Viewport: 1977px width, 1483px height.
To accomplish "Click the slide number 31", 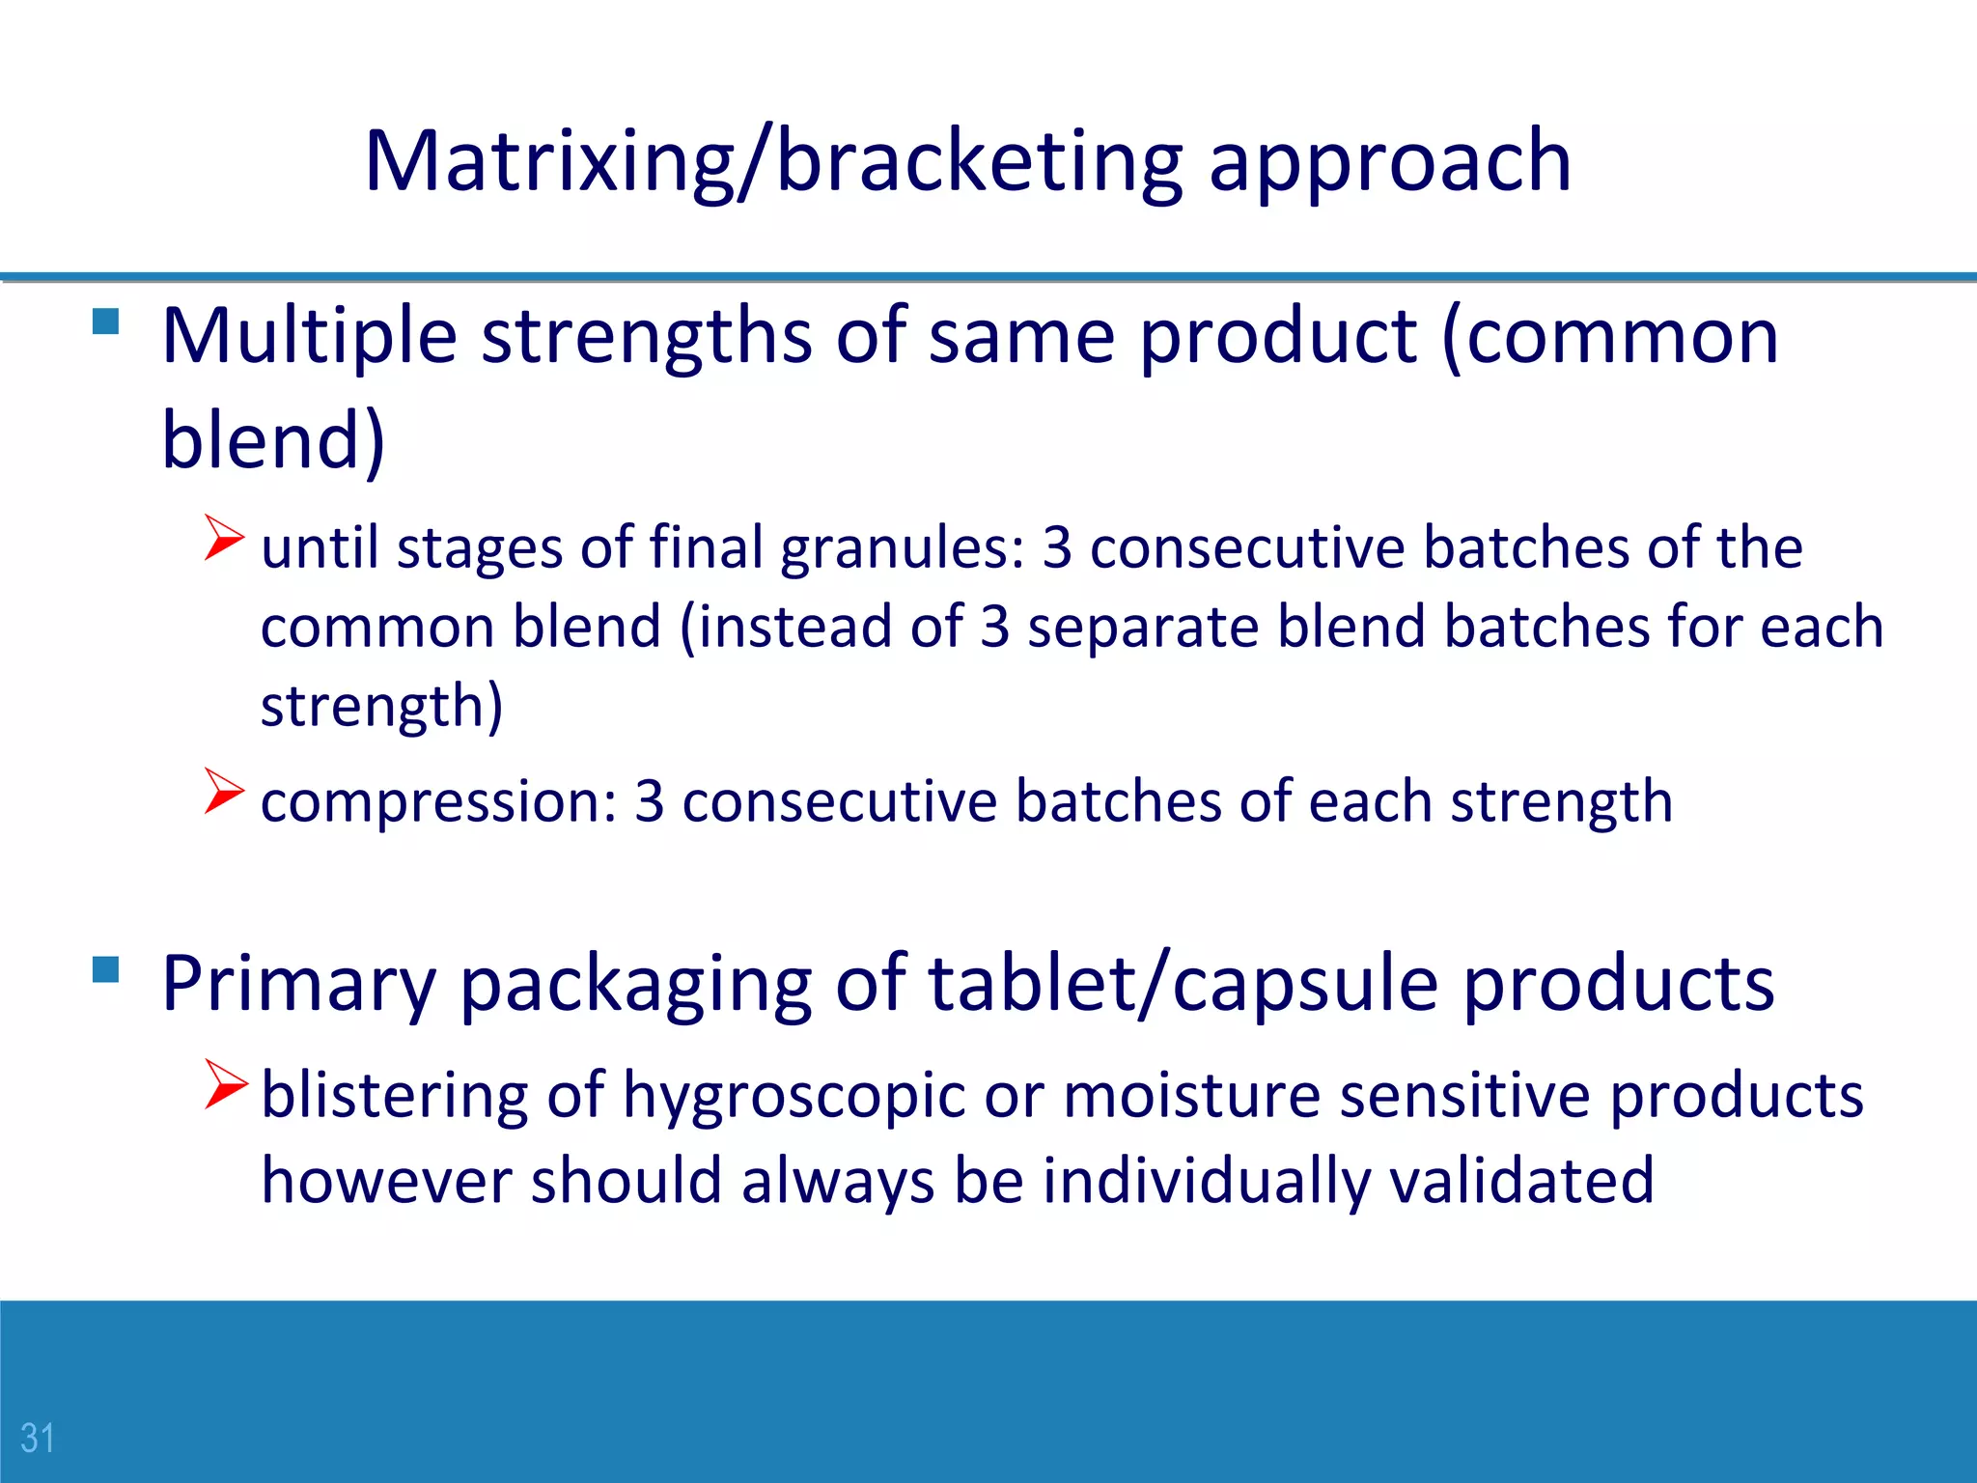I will coord(38,1438).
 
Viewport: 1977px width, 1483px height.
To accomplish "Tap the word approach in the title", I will coord(1389,162).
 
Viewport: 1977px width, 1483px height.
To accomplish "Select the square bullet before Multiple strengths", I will coord(105,321).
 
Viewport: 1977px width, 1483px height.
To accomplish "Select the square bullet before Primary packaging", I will coord(105,968).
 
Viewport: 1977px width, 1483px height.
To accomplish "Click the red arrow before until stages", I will coord(224,538).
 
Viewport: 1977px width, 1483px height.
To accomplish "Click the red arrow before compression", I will coord(224,791).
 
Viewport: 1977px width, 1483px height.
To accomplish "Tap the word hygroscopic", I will coord(794,1097).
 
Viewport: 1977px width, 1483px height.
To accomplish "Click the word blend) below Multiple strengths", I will coord(273,440).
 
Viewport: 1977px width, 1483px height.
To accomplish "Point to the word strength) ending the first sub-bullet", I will coord(382,707).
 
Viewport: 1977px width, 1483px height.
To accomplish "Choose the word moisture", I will coord(1191,1097).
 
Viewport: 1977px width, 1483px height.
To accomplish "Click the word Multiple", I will coord(309,336).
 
